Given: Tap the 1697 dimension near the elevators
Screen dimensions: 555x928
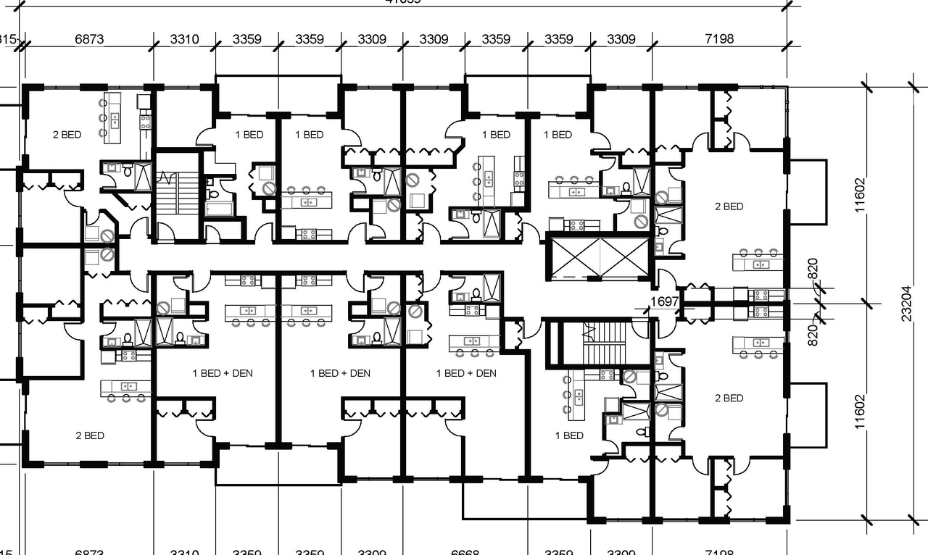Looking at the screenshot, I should click(x=664, y=301).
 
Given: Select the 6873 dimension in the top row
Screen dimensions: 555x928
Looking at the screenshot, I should click(x=89, y=39).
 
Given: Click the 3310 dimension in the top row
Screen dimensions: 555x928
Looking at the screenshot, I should click(x=184, y=39).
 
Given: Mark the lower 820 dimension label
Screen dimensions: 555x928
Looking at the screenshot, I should click(x=813, y=333).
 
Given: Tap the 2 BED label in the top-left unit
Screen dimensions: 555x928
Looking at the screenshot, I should click(x=67, y=135).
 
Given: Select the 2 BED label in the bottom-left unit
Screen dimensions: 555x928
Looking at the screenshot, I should click(x=90, y=435).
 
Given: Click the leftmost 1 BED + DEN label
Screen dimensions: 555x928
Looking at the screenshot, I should click(x=223, y=373).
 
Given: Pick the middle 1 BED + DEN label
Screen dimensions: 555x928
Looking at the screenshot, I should click(x=340, y=373).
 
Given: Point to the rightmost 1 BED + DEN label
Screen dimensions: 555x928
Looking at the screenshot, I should click(x=466, y=373).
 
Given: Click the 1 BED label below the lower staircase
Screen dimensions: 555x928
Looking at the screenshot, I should click(x=569, y=435).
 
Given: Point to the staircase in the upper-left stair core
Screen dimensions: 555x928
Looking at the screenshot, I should click(x=176, y=193).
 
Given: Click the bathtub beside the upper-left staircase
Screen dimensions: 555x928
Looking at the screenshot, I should click(x=219, y=209).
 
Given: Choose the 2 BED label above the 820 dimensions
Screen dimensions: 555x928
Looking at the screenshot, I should click(x=729, y=206).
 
